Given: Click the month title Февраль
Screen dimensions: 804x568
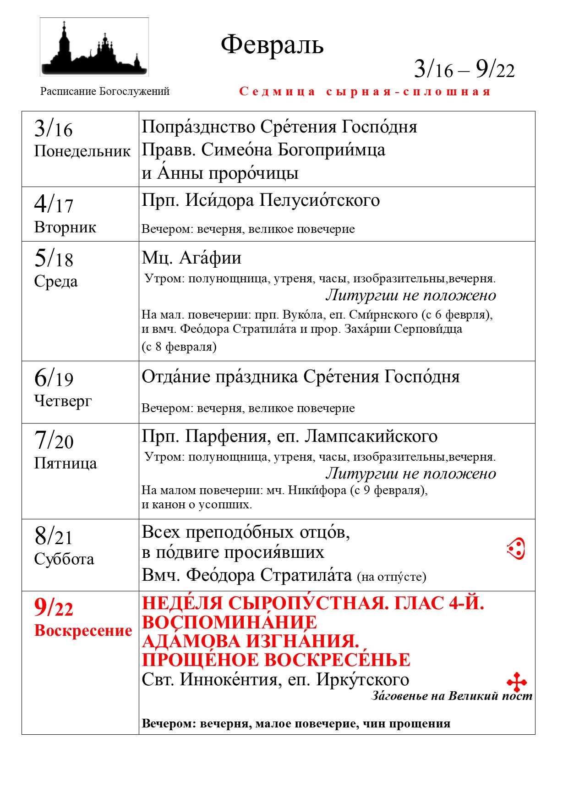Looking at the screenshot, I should (272, 45).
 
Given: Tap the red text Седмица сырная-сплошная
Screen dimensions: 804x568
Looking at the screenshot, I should (365, 92).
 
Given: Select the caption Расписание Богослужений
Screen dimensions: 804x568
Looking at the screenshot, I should (105, 91).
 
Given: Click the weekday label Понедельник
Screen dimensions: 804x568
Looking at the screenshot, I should (82, 151).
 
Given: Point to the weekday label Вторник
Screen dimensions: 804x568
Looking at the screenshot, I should (65, 227).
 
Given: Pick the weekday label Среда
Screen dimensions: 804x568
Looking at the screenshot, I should (56, 281).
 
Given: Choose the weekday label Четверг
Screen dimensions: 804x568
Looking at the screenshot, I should (63, 401).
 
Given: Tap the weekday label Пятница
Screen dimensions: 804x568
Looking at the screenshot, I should (66, 463).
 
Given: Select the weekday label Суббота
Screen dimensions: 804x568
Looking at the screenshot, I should (64, 559).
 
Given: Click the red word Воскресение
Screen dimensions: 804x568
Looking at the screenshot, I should (83, 630).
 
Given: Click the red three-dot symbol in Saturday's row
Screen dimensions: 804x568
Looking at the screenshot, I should (516, 549).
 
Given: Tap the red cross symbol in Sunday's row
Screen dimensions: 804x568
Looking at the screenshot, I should (517, 682).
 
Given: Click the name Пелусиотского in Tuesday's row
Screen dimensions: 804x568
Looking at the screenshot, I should (320, 200).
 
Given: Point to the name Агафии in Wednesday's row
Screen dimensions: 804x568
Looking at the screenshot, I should (210, 258).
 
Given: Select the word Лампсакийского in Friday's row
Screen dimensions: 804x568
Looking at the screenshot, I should (371, 436).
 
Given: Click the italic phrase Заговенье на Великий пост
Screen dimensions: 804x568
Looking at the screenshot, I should (452, 696).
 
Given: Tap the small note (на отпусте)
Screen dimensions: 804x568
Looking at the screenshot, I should (392, 577).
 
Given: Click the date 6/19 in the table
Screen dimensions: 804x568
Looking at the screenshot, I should (54, 378).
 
